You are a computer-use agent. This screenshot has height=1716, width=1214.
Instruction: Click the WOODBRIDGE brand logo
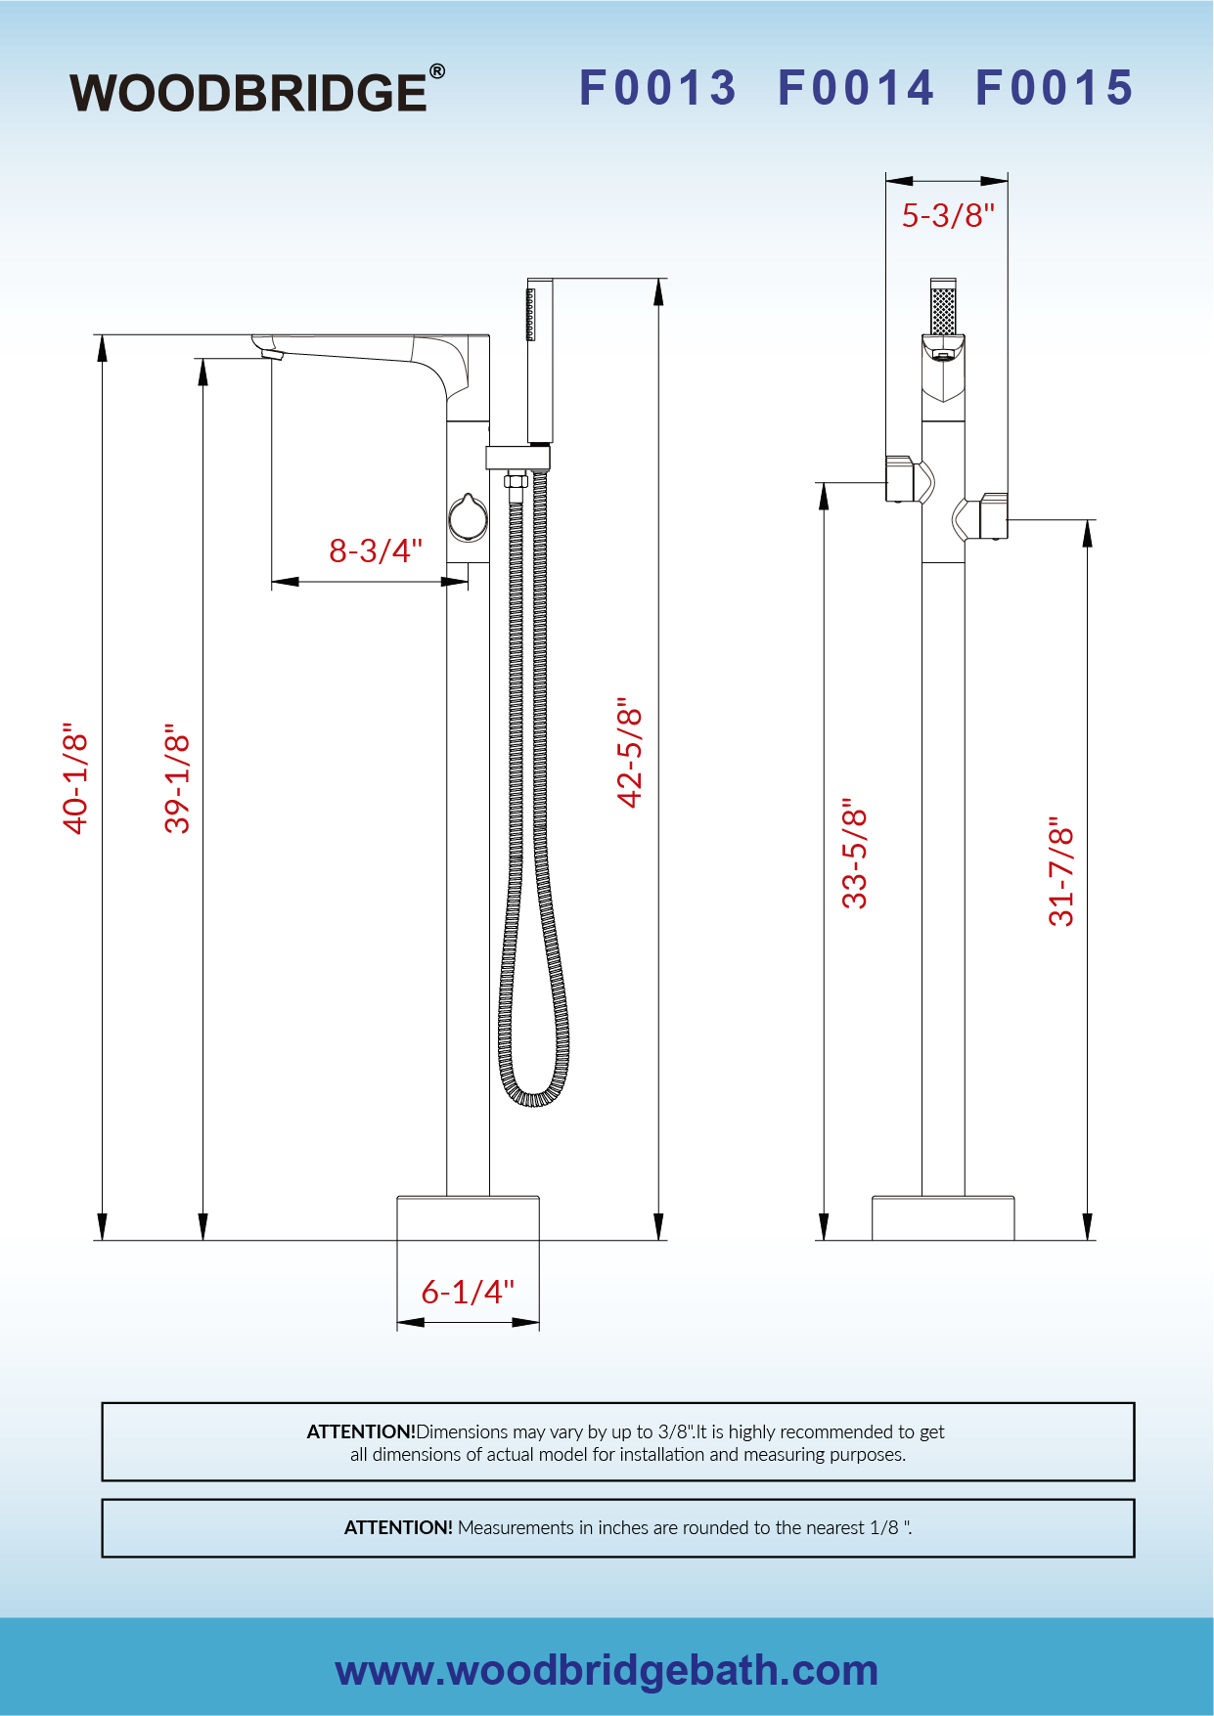point(257,90)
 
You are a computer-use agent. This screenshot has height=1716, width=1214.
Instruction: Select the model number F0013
point(657,88)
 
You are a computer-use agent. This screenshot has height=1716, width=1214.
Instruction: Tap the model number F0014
point(856,88)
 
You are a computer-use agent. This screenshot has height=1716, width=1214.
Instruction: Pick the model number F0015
point(1055,88)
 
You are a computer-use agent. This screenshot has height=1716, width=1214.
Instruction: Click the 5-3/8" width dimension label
point(948,215)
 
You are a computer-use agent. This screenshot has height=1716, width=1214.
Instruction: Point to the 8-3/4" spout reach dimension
point(376,550)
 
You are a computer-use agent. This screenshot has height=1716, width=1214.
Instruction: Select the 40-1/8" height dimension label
point(75,779)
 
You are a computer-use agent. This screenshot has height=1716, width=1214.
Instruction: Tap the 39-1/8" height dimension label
point(177,779)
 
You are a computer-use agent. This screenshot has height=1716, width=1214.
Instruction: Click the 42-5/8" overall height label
point(630,752)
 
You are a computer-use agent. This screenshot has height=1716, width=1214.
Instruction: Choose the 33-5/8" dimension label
point(854,854)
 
